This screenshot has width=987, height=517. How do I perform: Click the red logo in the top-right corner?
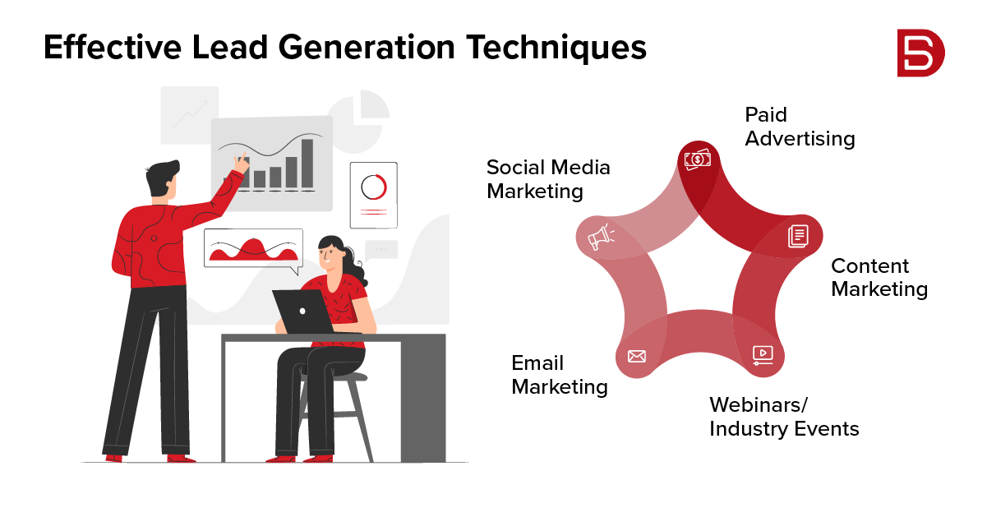[x=920, y=53]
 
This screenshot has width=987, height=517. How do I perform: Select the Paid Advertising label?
[x=799, y=127]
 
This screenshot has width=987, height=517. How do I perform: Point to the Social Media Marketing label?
[x=548, y=179]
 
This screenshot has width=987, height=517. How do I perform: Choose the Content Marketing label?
[x=879, y=278]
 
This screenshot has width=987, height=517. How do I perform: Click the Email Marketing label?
[x=559, y=375]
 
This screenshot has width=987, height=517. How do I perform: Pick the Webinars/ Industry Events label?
[x=783, y=417]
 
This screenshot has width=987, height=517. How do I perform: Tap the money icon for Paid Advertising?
[x=698, y=159]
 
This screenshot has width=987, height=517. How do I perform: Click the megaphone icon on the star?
[x=599, y=238]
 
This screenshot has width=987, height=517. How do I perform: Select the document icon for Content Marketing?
[x=798, y=236]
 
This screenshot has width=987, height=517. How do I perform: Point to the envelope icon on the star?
[x=636, y=356]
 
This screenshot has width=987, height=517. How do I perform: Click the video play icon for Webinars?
[x=763, y=354]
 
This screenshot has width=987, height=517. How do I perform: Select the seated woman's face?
[x=330, y=255]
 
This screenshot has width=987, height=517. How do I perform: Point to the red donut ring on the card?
[x=373, y=186]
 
